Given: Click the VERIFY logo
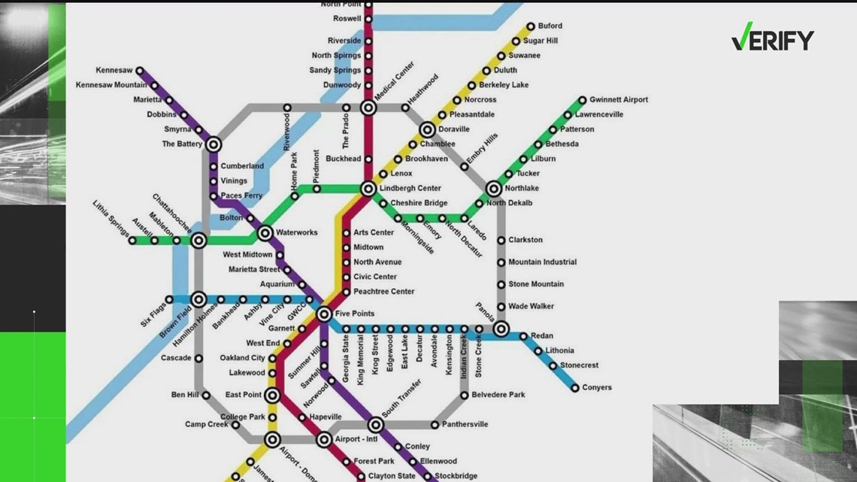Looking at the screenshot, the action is pos(772,38).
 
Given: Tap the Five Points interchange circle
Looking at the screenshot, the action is pos(324,314).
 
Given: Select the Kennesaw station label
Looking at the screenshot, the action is pos(114,71).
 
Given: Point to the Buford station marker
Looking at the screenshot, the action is pos(531,26).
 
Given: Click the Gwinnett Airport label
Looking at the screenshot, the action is pos(618,100).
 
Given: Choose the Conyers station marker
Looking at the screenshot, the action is pos(575,388).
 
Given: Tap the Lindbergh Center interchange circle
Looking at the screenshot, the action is pos(368,189).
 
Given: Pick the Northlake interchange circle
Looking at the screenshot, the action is pos(494,189).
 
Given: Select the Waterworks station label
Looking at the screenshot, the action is pos(296,233).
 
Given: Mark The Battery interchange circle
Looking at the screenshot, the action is pos(213,144).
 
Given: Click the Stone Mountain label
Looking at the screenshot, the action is pos(536,284).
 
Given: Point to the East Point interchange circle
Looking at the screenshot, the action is pos(272,396).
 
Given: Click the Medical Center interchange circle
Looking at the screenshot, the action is pos(368,108).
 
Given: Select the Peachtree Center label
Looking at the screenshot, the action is pos(383,292).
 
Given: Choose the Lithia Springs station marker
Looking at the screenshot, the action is pos(132,241).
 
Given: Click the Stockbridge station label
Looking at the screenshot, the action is pos(456,477).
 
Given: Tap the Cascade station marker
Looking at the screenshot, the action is pos(198,359).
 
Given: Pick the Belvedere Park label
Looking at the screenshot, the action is pos(498,395).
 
